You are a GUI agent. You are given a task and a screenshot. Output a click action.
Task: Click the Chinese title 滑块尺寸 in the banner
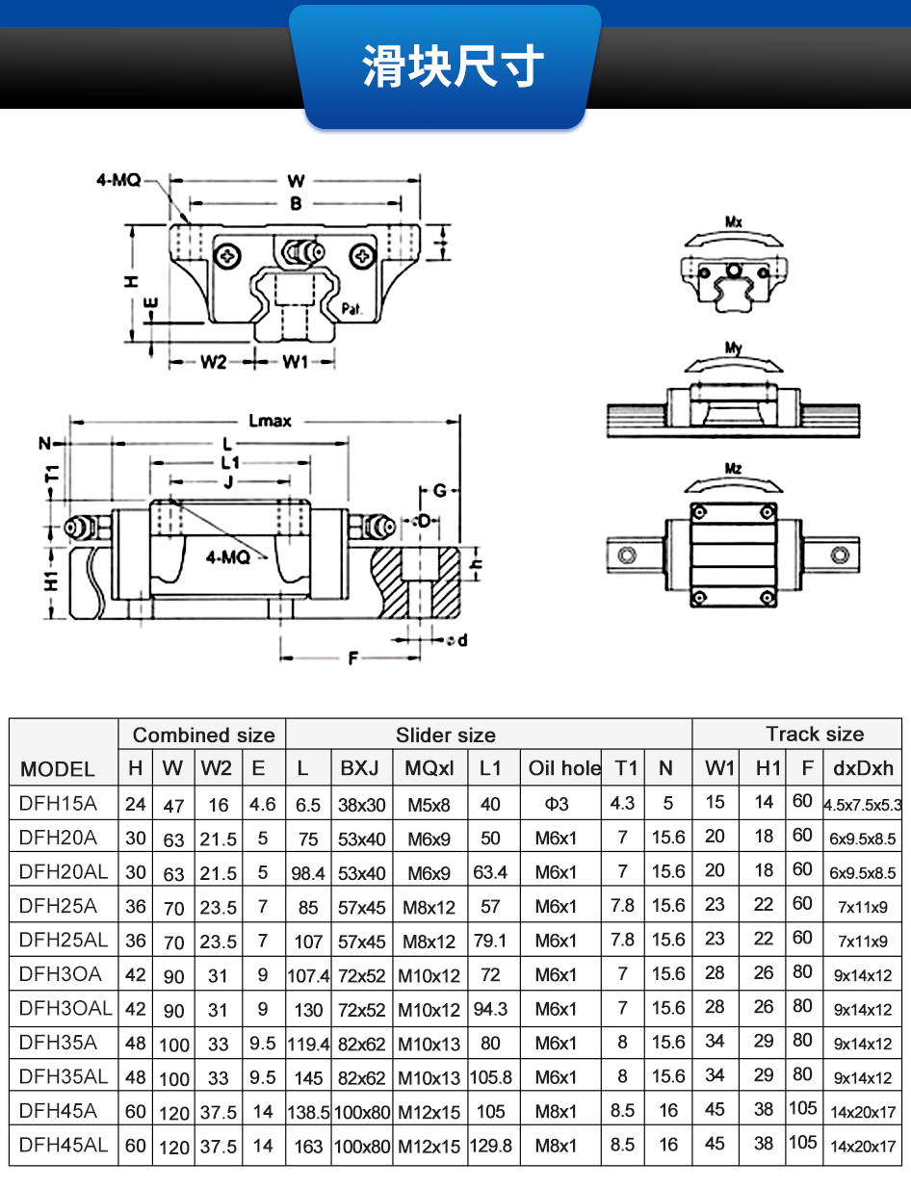(x=454, y=66)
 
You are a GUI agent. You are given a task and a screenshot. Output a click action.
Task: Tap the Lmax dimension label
(x=270, y=421)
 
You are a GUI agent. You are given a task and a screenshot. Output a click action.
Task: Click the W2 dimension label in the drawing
(x=213, y=362)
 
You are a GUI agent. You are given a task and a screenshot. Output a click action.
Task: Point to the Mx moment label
(x=734, y=222)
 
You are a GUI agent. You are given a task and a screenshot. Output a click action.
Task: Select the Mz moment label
(x=734, y=469)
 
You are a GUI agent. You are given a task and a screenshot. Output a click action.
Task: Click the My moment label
(x=734, y=348)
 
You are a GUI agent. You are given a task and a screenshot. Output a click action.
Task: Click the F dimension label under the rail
(x=352, y=659)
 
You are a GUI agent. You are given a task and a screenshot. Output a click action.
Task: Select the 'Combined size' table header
(x=203, y=736)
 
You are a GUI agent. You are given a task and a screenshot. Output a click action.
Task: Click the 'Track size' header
(x=815, y=735)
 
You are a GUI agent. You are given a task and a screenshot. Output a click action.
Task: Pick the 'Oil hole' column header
(x=564, y=768)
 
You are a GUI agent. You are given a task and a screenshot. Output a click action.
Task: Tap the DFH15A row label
(x=59, y=803)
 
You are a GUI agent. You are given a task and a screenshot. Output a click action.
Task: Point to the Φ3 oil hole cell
(x=557, y=804)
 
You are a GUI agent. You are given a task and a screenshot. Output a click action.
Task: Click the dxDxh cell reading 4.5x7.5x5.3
(x=862, y=805)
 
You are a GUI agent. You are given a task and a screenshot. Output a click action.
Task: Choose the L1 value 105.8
(x=491, y=1077)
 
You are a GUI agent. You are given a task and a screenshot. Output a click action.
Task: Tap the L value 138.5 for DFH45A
(x=308, y=1112)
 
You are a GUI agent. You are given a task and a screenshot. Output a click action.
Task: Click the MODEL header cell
(x=58, y=769)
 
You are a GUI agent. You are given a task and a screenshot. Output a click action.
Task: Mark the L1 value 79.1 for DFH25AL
(x=491, y=941)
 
